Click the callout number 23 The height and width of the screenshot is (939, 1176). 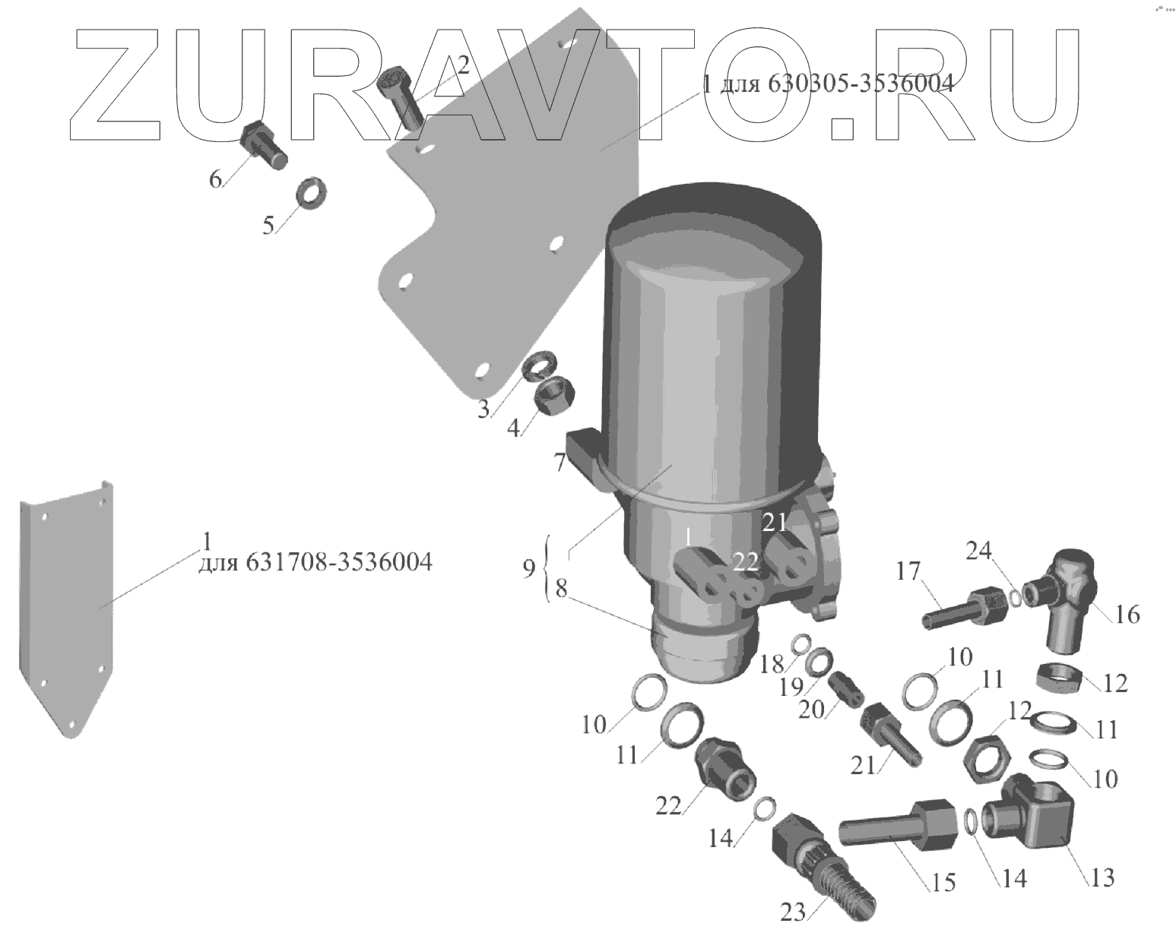792,911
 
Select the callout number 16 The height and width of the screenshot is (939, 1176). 1127,613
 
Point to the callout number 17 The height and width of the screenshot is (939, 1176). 908,571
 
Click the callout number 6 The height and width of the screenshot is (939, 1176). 216,179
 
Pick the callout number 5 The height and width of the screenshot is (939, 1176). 268,225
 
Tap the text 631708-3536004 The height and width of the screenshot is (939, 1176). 339,562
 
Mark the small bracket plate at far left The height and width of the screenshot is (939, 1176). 67,608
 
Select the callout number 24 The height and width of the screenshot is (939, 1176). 979,549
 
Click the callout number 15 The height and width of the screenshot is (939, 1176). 944,882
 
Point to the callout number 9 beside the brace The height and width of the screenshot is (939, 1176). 529,568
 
